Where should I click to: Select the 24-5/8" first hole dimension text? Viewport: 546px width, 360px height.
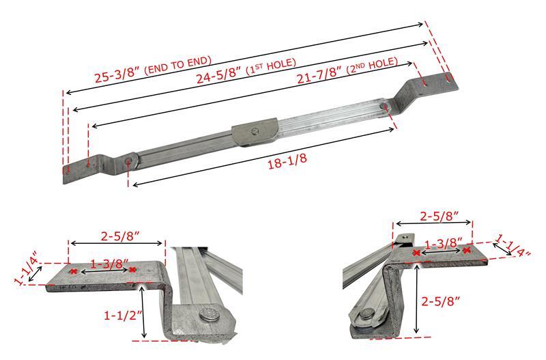[246, 71]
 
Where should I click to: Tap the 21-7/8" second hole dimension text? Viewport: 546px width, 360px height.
[347, 70]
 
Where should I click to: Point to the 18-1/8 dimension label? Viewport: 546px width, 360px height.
[287, 161]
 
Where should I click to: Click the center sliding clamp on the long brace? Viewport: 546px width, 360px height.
[255, 132]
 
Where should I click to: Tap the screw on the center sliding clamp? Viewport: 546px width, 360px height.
[255, 130]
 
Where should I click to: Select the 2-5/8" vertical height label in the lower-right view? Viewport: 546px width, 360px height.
[440, 301]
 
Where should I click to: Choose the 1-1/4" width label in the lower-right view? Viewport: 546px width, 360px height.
[513, 245]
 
